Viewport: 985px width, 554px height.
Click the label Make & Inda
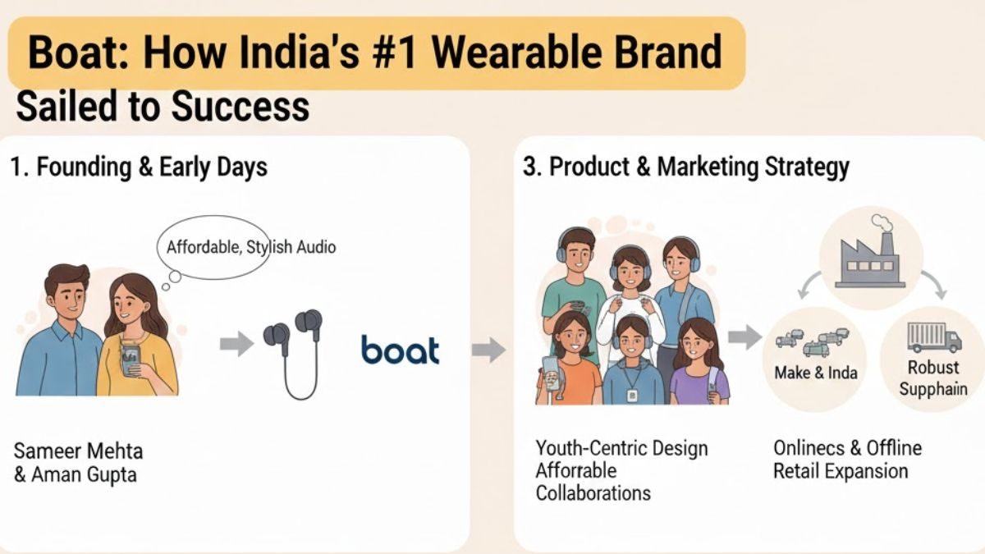click(x=816, y=373)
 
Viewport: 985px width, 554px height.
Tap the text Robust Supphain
click(x=933, y=378)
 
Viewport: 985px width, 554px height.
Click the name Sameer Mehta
click(x=79, y=451)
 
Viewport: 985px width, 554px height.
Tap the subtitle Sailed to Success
click(x=163, y=107)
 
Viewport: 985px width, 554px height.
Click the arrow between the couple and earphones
click(x=236, y=344)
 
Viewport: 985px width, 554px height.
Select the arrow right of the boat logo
click(x=488, y=350)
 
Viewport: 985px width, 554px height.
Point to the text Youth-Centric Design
click(x=621, y=449)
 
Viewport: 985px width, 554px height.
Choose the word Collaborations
click(x=593, y=492)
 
